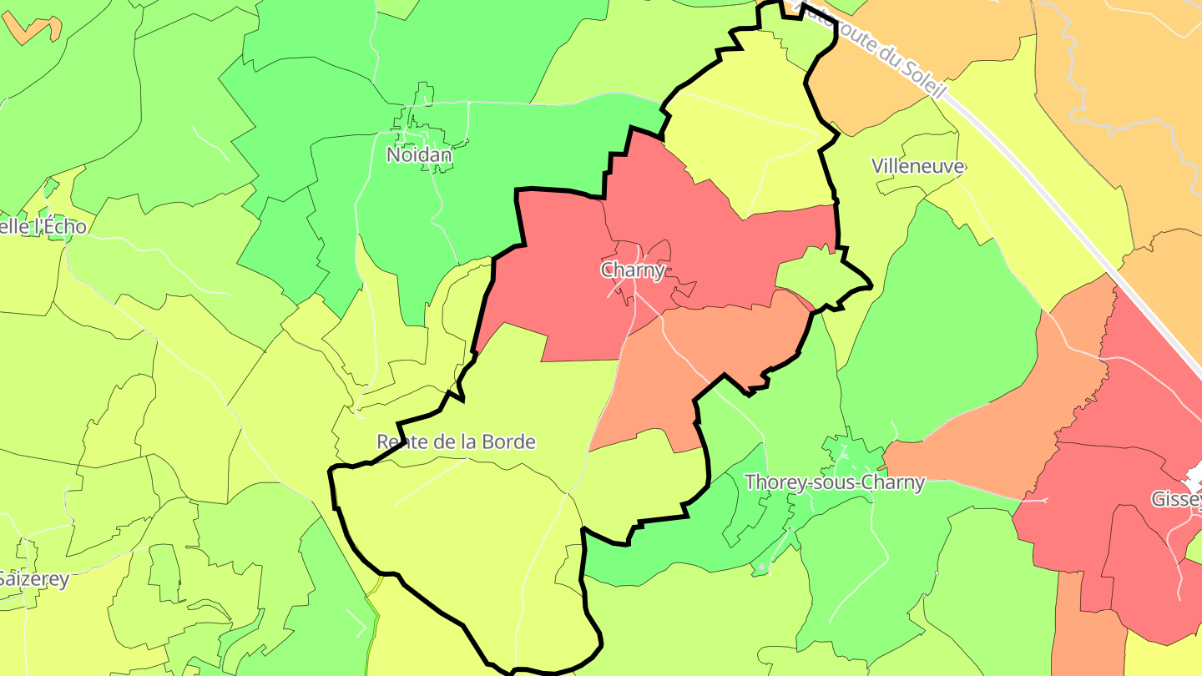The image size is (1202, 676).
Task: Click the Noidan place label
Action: click(419, 154)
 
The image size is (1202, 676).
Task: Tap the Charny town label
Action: click(633, 270)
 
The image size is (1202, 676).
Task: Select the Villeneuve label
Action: click(918, 166)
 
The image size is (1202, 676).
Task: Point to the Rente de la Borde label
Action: click(456, 441)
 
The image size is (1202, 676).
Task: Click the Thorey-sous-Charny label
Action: click(835, 482)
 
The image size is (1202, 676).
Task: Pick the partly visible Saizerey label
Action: click(33, 578)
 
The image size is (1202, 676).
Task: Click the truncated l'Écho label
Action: click(42, 226)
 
